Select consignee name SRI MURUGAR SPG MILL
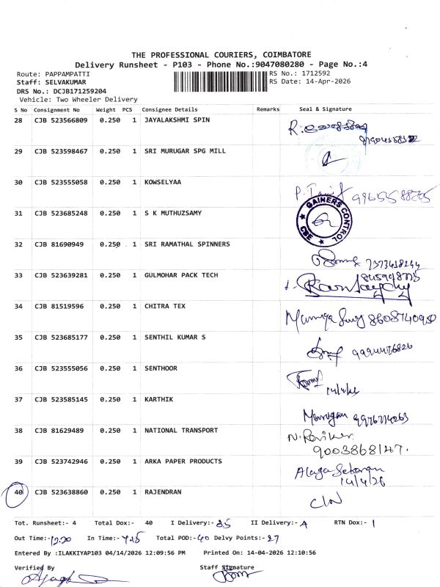pyautogui.click(x=185, y=151)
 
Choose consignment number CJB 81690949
pyautogui.click(x=58, y=244)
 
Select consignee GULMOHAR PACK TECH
pyautogui.click(x=181, y=275)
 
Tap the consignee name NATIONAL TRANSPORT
pyautogui.click(x=181, y=430)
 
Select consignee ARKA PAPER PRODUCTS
pyautogui.click(x=183, y=462)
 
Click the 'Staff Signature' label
pyautogui.click(x=227, y=567)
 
